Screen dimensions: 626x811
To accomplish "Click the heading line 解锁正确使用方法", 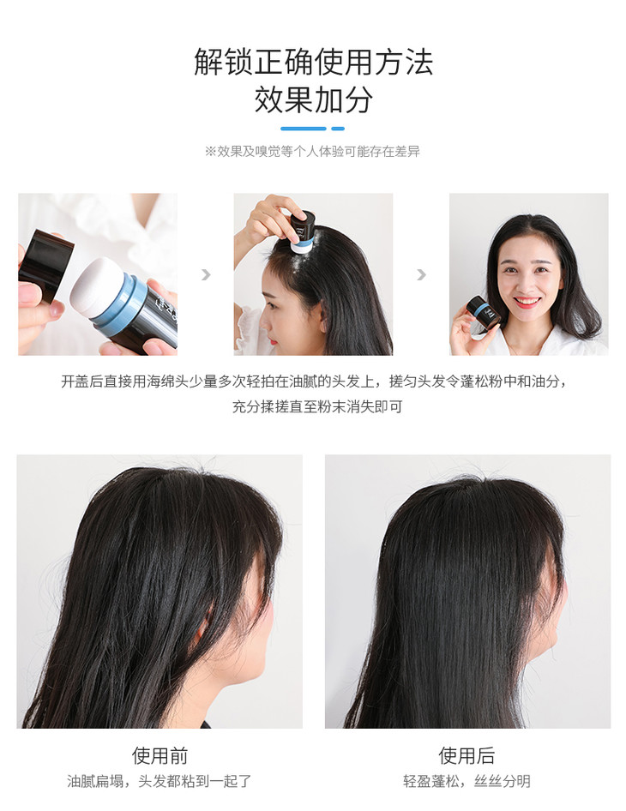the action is point(313,63).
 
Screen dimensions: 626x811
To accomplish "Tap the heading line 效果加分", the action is point(313,99).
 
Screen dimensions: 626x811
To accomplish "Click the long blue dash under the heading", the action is point(304,129).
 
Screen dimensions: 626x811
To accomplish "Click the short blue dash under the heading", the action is point(338,129).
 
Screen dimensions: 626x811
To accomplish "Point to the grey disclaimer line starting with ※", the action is point(312,151).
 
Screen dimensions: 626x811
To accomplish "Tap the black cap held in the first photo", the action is point(45,266).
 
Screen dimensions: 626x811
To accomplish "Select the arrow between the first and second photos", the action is point(206,274).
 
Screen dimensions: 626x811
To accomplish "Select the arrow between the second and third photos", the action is point(421,274).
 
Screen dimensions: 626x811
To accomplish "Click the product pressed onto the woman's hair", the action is point(302,231).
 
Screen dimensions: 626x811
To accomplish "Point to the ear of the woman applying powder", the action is point(323,316).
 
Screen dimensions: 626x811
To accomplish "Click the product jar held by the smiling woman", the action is point(482,311).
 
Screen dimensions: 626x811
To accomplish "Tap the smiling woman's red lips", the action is point(527,301).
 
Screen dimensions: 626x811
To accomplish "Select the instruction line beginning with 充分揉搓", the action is point(316,406).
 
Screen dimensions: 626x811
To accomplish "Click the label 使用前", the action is point(160,755).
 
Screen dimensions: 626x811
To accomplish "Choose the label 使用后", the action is point(466,755).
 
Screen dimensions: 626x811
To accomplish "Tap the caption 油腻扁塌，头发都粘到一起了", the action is point(160,781).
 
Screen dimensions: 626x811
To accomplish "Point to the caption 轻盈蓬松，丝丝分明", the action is point(466,781).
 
